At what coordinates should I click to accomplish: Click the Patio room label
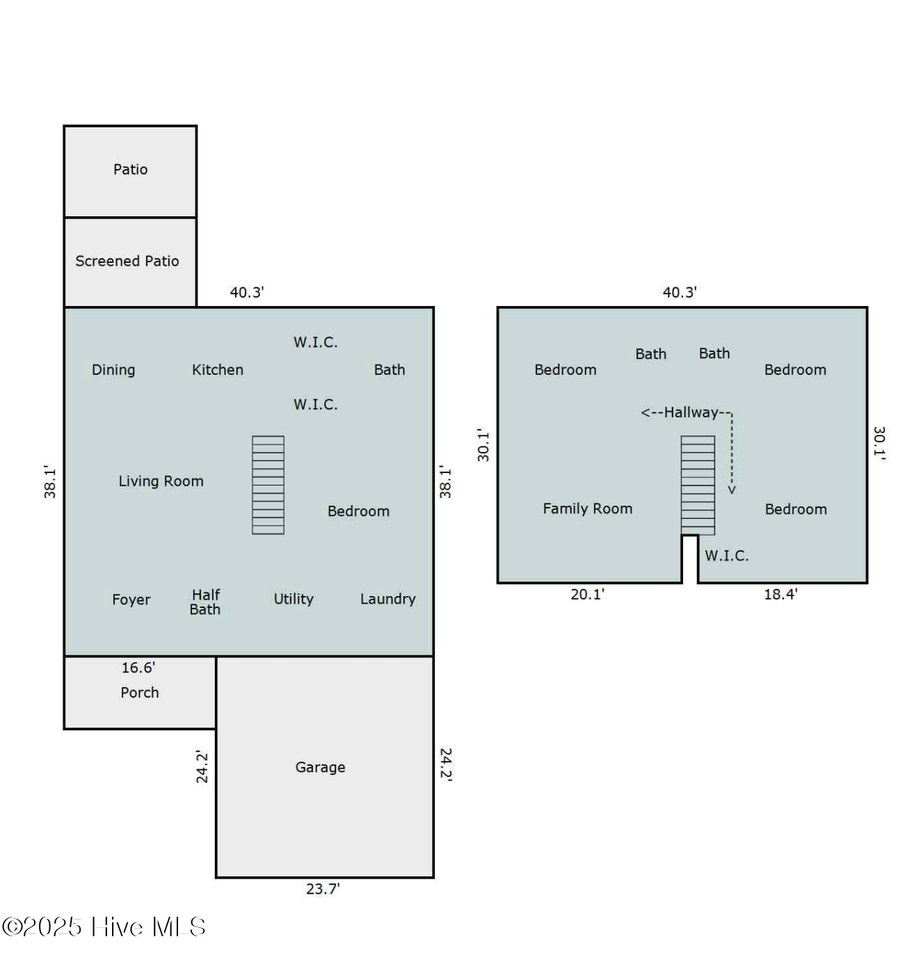point(130,169)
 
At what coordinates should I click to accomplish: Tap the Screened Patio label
point(127,261)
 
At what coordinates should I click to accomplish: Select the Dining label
point(113,369)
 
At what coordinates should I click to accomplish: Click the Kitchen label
point(218,369)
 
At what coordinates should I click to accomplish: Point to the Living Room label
point(161,481)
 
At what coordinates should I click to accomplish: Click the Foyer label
point(131,599)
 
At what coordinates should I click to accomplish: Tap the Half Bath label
point(205,602)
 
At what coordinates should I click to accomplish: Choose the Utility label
point(293,599)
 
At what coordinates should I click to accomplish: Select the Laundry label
point(387,599)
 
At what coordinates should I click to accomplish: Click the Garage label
point(320,767)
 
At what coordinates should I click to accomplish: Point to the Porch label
point(139,692)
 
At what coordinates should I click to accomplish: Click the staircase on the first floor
point(268,485)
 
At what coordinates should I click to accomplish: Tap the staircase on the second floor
point(698,485)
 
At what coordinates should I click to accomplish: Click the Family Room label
point(588,508)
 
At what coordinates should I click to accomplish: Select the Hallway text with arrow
point(686,412)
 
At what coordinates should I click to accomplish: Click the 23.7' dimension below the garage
point(323,888)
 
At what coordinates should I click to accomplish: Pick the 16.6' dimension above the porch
point(138,668)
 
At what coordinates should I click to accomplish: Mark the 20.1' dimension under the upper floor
point(587,594)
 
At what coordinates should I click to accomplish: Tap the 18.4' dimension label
point(780,594)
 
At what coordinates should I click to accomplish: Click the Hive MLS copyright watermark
point(104,926)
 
